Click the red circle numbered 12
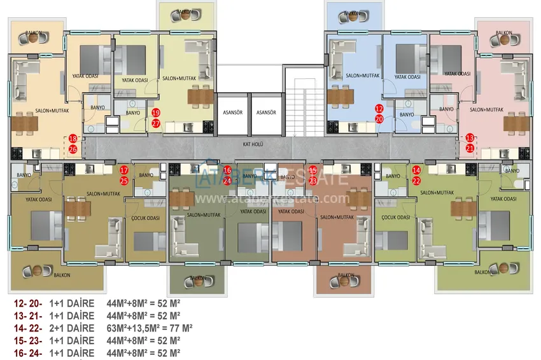[379, 109]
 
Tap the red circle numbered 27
[156, 123]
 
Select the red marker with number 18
[73, 138]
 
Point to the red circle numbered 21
[470, 148]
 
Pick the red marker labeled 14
[416, 170]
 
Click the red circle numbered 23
[313, 180]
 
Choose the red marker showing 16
[227, 170]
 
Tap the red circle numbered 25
[124, 181]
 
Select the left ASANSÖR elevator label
[231, 112]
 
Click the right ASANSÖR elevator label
[265, 112]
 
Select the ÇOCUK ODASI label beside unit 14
[395, 216]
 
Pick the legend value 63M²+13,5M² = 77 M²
[150, 328]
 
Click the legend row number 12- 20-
[27, 304]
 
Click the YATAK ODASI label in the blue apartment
[407, 77]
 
